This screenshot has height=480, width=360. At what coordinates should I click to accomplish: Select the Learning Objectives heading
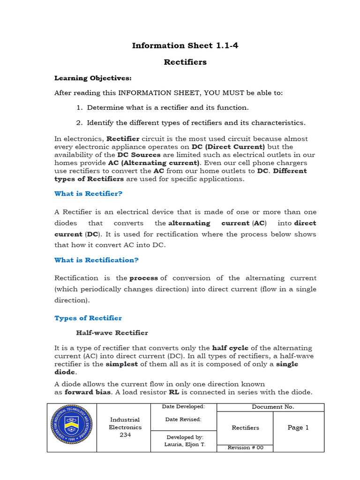click(x=93, y=78)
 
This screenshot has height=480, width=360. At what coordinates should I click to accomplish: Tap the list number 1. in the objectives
click(x=80, y=108)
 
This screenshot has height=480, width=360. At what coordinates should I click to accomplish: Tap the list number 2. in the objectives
click(x=80, y=123)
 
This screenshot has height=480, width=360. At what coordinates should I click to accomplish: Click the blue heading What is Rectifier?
click(x=89, y=194)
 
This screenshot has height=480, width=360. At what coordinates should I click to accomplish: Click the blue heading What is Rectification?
click(x=97, y=260)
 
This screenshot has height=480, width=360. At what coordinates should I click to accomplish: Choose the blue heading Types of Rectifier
click(x=88, y=318)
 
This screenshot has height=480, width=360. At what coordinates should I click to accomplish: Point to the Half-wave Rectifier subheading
click(x=112, y=333)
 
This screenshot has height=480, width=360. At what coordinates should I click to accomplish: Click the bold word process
click(x=143, y=278)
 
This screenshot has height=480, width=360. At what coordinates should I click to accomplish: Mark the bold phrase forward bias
click(x=83, y=392)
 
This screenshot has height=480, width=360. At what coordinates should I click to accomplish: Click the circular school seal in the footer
click(x=72, y=427)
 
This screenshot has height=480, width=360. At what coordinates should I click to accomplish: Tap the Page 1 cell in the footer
click(x=298, y=427)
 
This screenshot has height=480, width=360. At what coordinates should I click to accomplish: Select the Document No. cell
click(x=273, y=407)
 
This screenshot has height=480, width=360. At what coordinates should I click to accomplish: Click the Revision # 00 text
click(x=246, y=448)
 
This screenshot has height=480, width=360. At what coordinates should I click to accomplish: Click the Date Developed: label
click(x=183, y=406)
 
